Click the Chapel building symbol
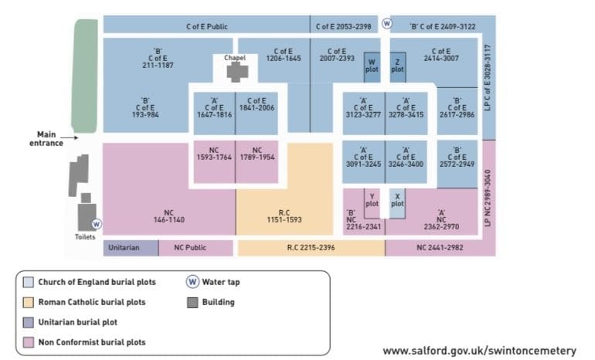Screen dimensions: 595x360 click(x=237, y=72)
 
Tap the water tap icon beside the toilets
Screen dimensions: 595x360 click(x=97, y=224)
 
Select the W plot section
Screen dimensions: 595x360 click(x=372, y=67)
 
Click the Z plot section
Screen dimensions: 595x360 click(x=398, y=67)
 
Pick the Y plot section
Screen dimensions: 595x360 click(x=372, y=203)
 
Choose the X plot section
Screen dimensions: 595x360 click(x=397, y=203)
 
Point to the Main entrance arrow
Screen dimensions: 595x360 click(x=69, y=138)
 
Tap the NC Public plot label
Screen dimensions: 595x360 click(x=190, y=248)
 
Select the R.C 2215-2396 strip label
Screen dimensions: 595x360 click(x=311, y=248)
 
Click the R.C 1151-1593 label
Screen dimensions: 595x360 click(x=284, y=216)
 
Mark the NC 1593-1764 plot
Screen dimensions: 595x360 click(x=214, y=162)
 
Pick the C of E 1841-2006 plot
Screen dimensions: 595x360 click(x=257, y=113)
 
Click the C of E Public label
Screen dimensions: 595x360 click(x=207, y=26)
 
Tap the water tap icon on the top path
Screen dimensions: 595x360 click(x=386, y=23)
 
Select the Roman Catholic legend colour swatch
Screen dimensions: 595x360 click(x=29, y=302)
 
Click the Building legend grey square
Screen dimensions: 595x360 click(x=192, y=302)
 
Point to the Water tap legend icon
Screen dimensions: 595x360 click(x=192, y=282)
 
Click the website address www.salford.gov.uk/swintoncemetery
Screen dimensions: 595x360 click(x=479, y=351)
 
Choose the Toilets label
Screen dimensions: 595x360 click(x=85, y=237)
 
